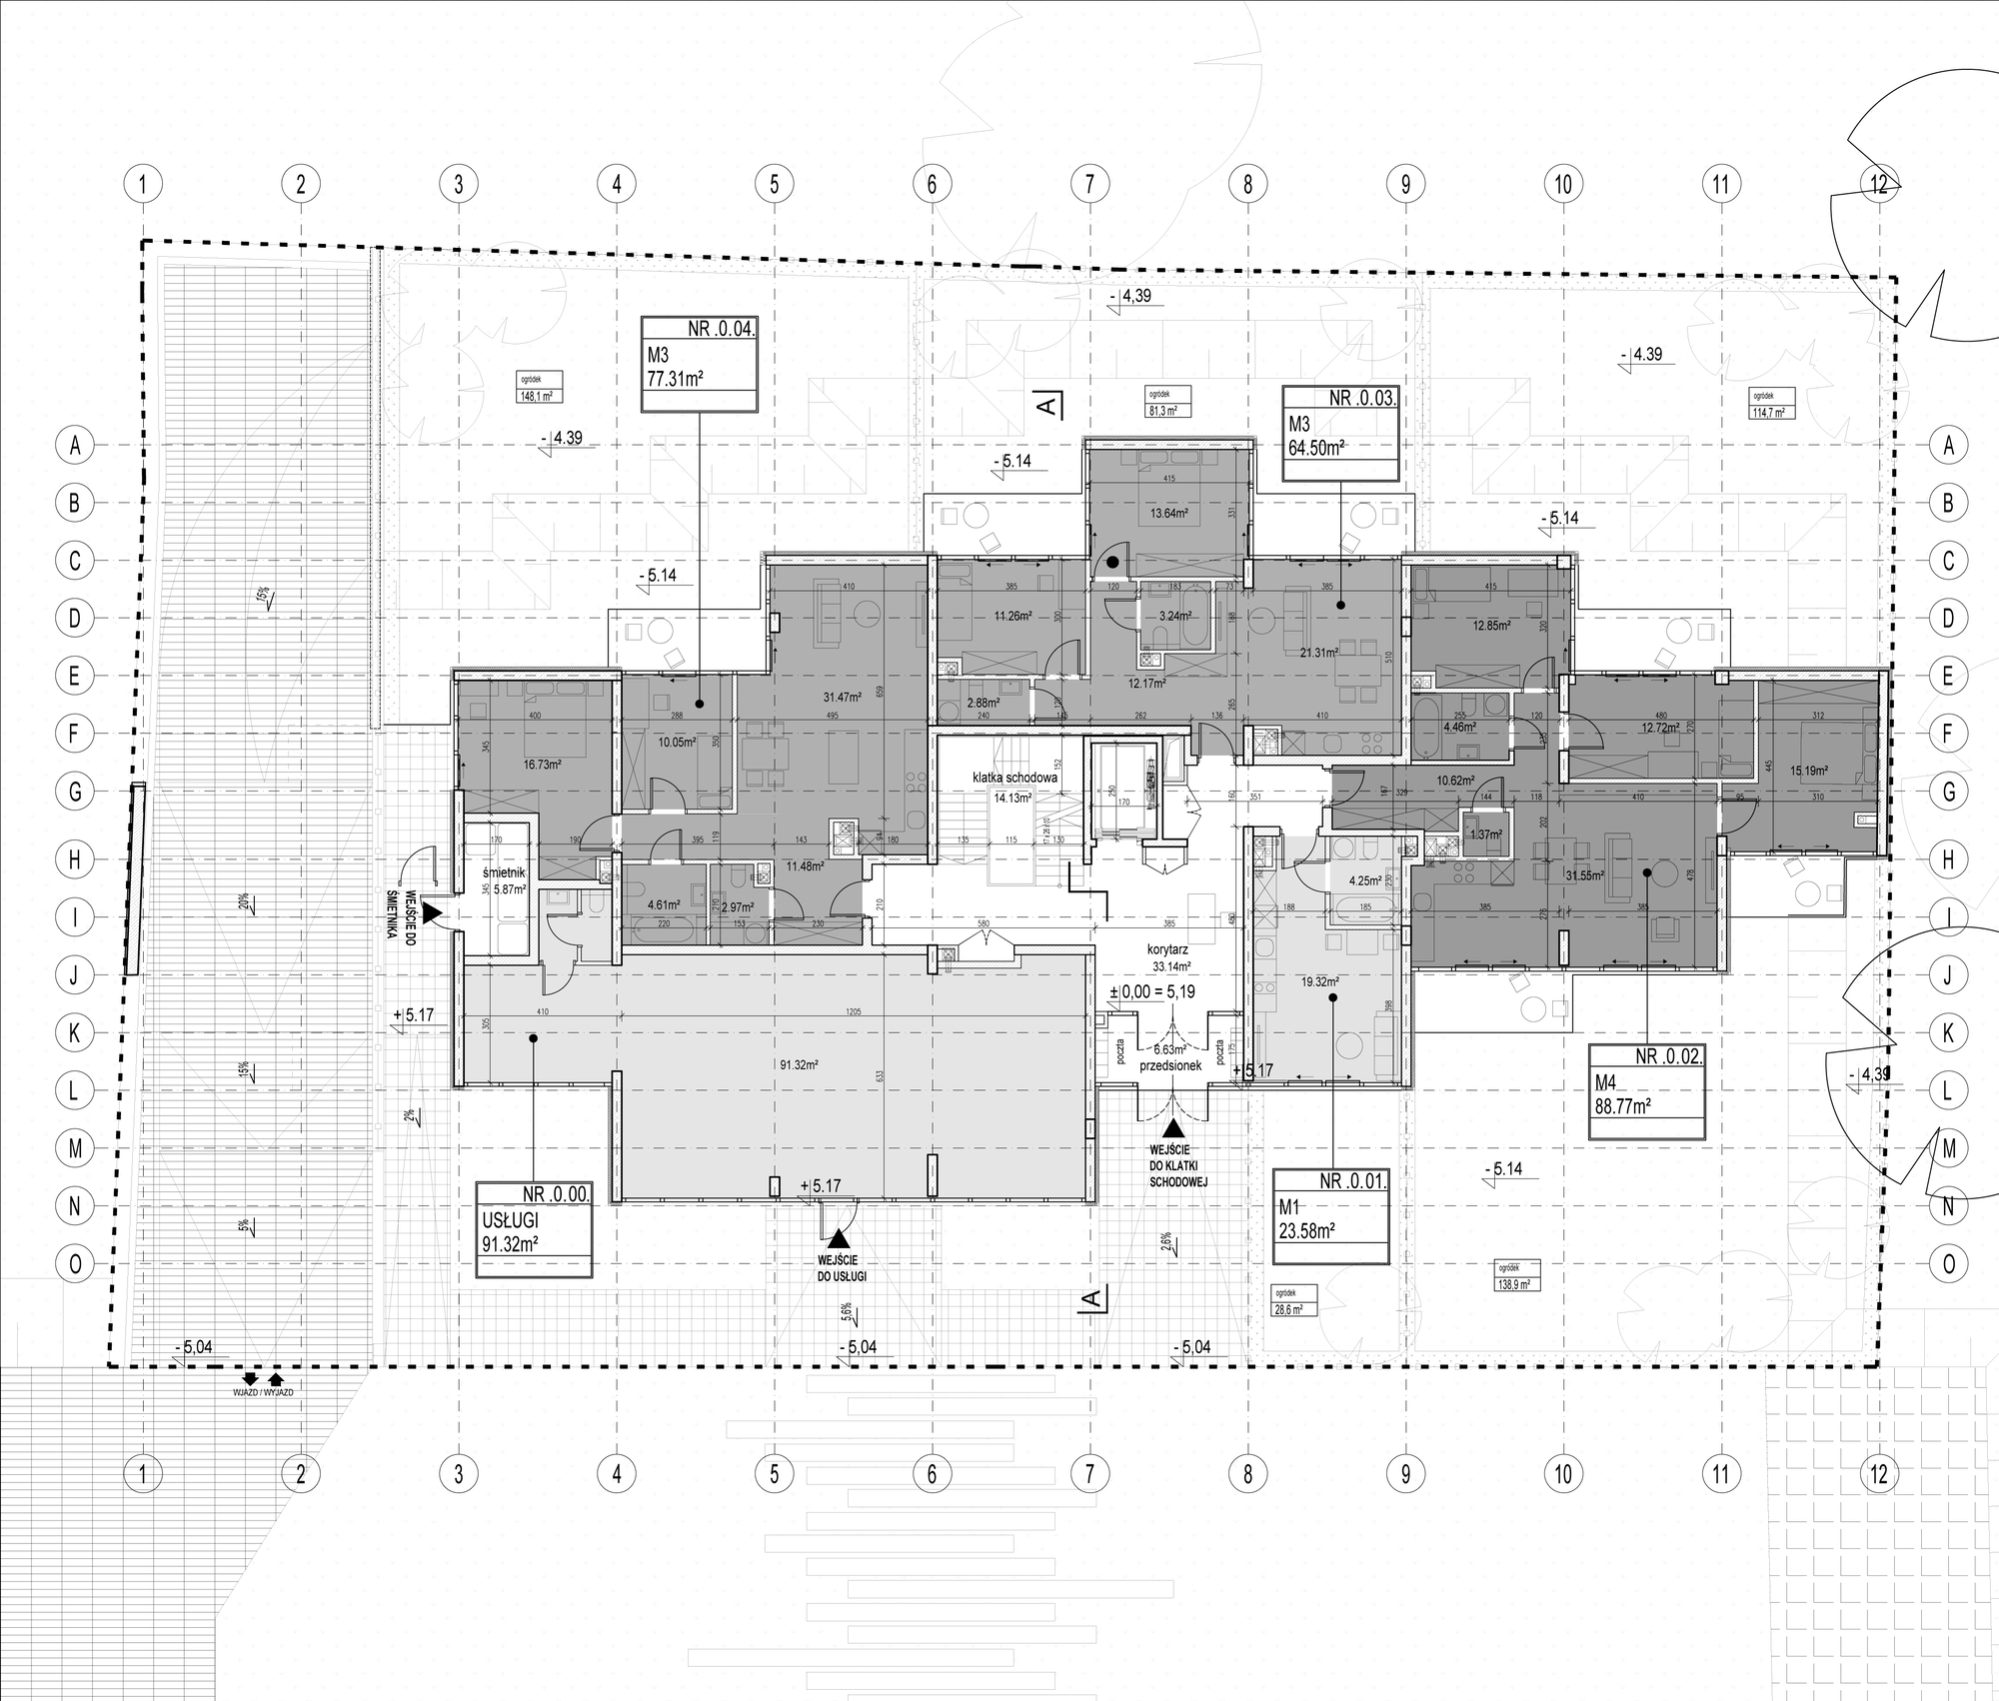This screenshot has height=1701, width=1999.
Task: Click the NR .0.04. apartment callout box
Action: coord(699,365)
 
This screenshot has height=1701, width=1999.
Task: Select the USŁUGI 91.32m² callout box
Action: coord(534,1229)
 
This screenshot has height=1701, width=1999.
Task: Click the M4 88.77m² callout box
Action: coord(1647,1092)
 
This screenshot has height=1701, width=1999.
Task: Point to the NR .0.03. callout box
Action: coord(1339,435)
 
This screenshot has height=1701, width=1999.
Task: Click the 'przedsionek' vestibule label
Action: coord(1166,1064)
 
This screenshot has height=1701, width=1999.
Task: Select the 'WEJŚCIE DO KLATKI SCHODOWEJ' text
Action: coord(1179,1165)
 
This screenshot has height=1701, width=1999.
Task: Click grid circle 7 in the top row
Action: coord(1089,184)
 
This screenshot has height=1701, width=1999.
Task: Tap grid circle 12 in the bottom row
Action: coord(1878,1474)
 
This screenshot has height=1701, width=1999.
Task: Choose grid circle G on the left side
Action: coord(74,792)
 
